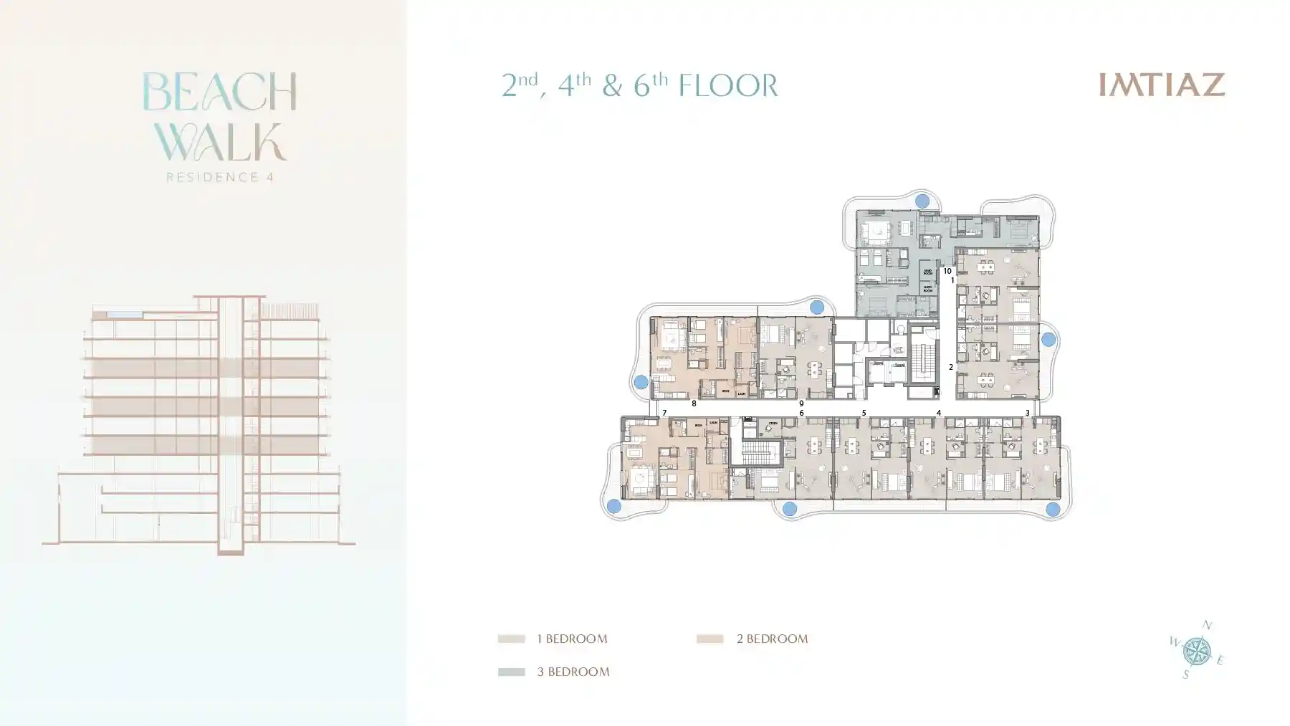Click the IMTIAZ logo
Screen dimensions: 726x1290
(x=1162, y=85)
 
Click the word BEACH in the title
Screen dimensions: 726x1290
(x=219, y=92)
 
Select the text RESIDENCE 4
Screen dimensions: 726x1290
(x=220, y=177)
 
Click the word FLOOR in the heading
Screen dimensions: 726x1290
(x=727, y=86)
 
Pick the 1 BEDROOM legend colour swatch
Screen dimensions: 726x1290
(x=512, y=639)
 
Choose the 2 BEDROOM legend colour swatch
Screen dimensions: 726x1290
(x=709, y=639)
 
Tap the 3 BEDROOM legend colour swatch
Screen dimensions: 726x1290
(x=512, y=672)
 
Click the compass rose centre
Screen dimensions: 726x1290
(x=1195, y=651)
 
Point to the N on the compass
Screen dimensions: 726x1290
(x=1207, y=626)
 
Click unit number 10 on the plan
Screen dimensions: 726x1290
(x=947, y=271)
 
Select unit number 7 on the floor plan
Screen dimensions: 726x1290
(x=664, y=413)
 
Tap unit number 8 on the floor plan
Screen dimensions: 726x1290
(x=694, y=403)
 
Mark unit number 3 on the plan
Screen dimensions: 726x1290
(x=1027, y=413)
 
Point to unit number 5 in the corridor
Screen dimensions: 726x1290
(x=864, y=413)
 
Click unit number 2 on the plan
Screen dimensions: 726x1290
(x=951, y=367)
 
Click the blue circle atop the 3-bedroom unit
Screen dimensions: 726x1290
(x=922, y=201)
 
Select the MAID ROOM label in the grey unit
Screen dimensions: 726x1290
(x=927, y=272)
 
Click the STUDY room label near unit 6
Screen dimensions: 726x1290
(x=773, y=424)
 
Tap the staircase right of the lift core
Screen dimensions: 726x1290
(x=923, y=363)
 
